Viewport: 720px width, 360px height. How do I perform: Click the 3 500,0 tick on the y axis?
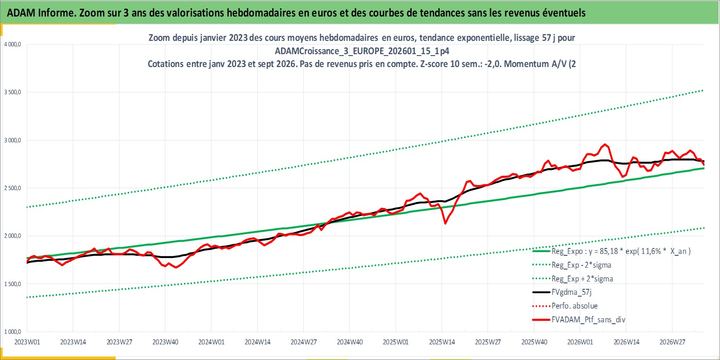click(12, 92)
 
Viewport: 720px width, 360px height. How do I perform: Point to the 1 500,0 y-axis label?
click(12, 284)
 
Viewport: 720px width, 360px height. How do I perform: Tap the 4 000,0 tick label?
click(12, 45)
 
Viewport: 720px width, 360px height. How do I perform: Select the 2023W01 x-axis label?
click(27, 342)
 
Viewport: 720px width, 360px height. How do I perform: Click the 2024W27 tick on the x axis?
click(303, 342)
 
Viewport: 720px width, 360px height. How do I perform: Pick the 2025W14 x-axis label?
click(441, 342)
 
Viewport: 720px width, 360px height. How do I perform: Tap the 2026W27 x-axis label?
click(672, 342)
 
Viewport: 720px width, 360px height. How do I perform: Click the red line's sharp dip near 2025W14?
click(445, 224)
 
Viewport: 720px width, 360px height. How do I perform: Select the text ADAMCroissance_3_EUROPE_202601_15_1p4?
click(362, 51)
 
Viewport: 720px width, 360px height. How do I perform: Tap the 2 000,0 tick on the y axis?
click(12, 236)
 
